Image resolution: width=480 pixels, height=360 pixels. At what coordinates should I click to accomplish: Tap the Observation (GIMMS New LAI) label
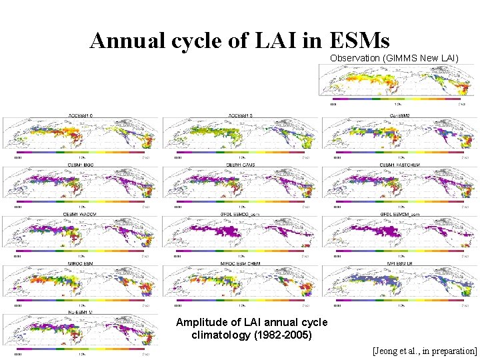[x=395, y=59]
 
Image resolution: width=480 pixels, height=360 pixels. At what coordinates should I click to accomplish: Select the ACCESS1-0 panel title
[x=81, y=115]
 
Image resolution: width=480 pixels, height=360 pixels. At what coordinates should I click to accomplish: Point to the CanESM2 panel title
[x=400, y=115]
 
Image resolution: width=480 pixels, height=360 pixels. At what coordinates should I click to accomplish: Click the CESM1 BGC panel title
[x=81, y=164]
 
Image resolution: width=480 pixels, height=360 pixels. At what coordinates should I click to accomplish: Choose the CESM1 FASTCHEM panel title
[x=400, y=164]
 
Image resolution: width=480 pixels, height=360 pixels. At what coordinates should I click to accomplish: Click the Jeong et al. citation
[x=425, y=350]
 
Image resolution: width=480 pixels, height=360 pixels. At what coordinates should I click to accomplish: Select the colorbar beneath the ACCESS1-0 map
[x=81, y=153]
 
